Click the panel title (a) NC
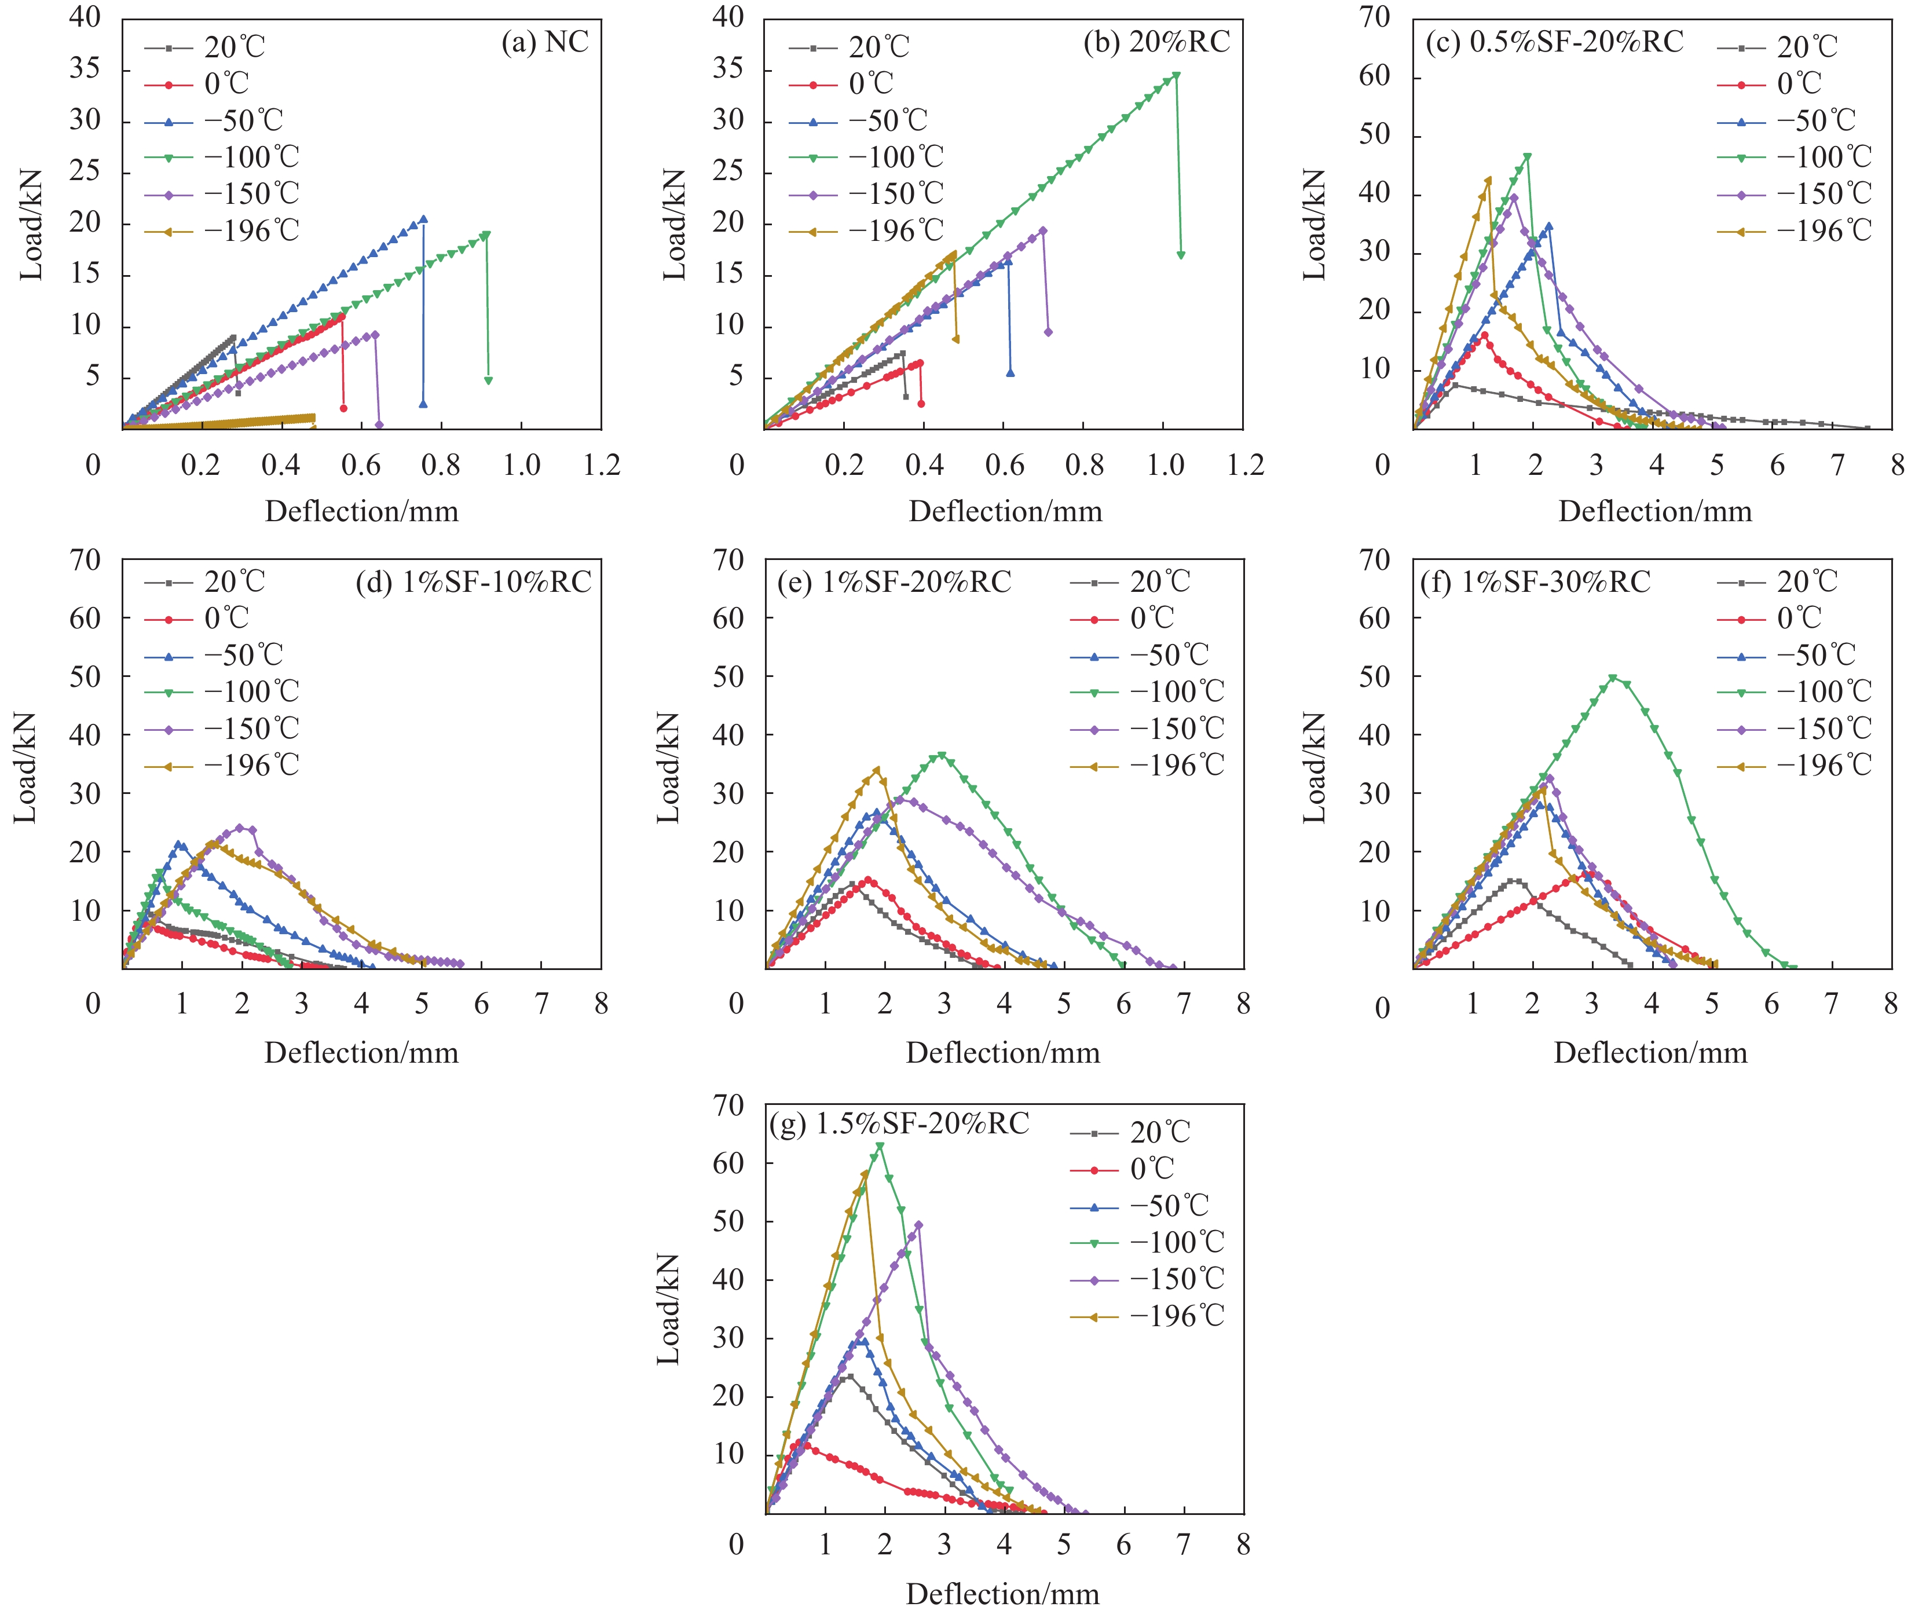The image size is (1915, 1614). [x=544, y=42]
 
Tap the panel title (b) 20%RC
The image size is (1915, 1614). [x=1156, y=42]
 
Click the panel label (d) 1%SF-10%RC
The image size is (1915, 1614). [x=473, y=582]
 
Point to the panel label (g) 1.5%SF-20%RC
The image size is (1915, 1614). [x=899, y=1123]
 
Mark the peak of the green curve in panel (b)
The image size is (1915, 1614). [x=1176, y=76]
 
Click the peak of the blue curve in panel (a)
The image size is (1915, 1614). [x=423, y=219]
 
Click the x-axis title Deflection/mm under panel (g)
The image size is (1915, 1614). [x=1003, y=1593]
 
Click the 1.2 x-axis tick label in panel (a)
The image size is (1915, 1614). [x=601, y=466]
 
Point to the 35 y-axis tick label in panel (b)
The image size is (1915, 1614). [x=728, y=69]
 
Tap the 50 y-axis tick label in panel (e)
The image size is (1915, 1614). [x=728, y=676]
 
